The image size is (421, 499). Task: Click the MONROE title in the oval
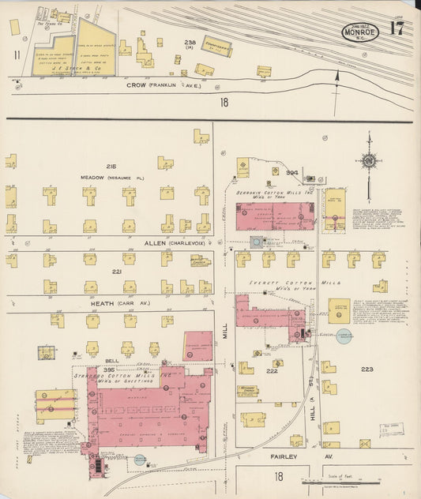click(360, 32)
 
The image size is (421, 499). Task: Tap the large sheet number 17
click(397, 30)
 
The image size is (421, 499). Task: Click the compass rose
click(368, 162)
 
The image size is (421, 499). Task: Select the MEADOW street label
click(92, 178)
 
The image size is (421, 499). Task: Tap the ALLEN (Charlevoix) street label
click(154, 243)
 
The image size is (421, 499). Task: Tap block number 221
click(116, 271)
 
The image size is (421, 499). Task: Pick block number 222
click(272, 370)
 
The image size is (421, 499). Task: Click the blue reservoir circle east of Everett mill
click(344, 337)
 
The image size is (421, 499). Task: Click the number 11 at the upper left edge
click(17, 54)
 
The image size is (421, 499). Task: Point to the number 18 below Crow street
click(224, 102)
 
